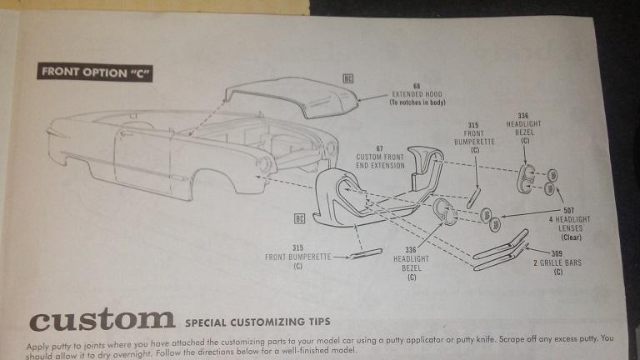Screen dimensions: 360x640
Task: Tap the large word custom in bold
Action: pyautogui.click(x=102, y=319)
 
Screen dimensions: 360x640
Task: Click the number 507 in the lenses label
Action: pyautogui.click(x=568, y=211)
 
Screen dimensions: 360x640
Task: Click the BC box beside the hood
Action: pyautogui.click(x=348, y=77)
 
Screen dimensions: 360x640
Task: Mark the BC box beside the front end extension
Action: pyautogui.click(x=299, y=218)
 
